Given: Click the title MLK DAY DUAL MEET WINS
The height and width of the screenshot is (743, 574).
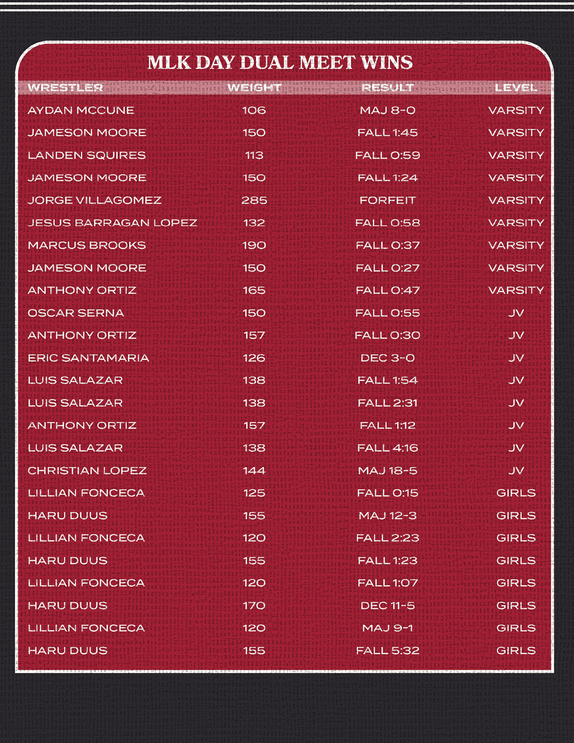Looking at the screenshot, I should click(280, 62).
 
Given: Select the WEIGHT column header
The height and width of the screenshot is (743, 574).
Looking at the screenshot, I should click(254, 88).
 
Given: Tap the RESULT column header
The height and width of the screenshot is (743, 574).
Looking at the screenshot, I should click(387, 88).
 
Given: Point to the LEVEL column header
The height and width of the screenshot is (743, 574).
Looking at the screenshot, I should click(516, 88).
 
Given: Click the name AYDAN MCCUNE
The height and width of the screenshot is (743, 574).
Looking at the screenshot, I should click(81, 110).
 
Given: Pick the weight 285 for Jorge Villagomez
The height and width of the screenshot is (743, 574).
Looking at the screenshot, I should click(254, 200).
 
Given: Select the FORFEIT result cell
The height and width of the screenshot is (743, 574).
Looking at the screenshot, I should click(387, 200).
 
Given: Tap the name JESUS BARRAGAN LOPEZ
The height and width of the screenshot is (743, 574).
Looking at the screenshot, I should click(112, 223).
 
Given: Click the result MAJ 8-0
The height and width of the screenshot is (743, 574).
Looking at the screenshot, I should click(387, 110).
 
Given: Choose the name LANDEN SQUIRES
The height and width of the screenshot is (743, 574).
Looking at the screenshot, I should click(87, 155).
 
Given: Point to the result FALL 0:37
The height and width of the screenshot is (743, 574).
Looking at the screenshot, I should click(387, 245).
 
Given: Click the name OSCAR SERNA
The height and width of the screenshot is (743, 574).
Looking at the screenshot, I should click(76, 313).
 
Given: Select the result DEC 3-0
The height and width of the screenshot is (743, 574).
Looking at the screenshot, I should click(387, 358).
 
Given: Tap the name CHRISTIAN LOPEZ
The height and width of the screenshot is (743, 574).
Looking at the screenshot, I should click(87, 470).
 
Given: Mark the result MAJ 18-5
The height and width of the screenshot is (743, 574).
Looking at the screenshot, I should click(387, 470).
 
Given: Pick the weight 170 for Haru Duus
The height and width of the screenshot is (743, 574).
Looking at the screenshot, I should click(254, 606).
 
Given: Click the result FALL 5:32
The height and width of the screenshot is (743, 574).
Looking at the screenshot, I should click(387, 651).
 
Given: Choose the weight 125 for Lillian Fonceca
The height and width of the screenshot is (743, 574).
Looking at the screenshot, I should click(254, 493).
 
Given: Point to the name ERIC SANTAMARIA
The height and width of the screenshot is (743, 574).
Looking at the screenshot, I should click(88, 358).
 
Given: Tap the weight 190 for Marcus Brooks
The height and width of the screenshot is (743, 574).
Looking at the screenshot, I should click(254, 245).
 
